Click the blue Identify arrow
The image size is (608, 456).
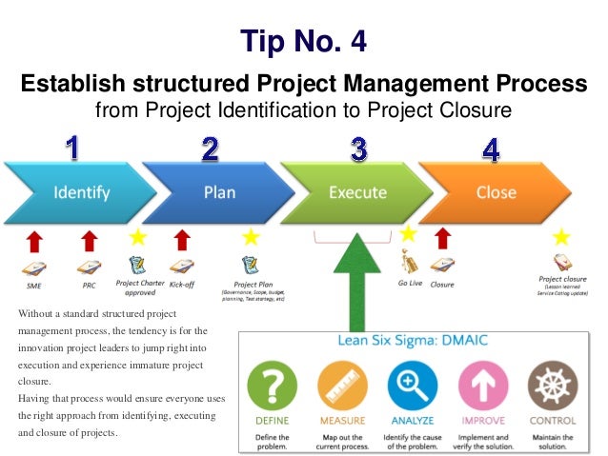click(81, 193)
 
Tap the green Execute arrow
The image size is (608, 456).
click(356, 193)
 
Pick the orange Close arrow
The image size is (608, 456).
click(496, 193)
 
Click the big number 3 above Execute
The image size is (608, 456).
click(358, 149)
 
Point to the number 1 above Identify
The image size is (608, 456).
click(72, 149)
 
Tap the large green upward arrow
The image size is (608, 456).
click(357, 276)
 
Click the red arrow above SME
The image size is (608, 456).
click(33, 239)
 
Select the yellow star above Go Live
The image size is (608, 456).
click(408, 233)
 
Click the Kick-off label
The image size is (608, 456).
click(181, 284)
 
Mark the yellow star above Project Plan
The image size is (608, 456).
click(251, 236)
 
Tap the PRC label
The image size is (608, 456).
click(89, 284)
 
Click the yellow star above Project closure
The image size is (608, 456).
click(562, 236)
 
